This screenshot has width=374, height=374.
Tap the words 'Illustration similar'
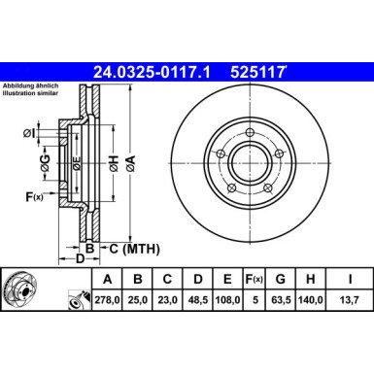(x=32, y=94)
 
